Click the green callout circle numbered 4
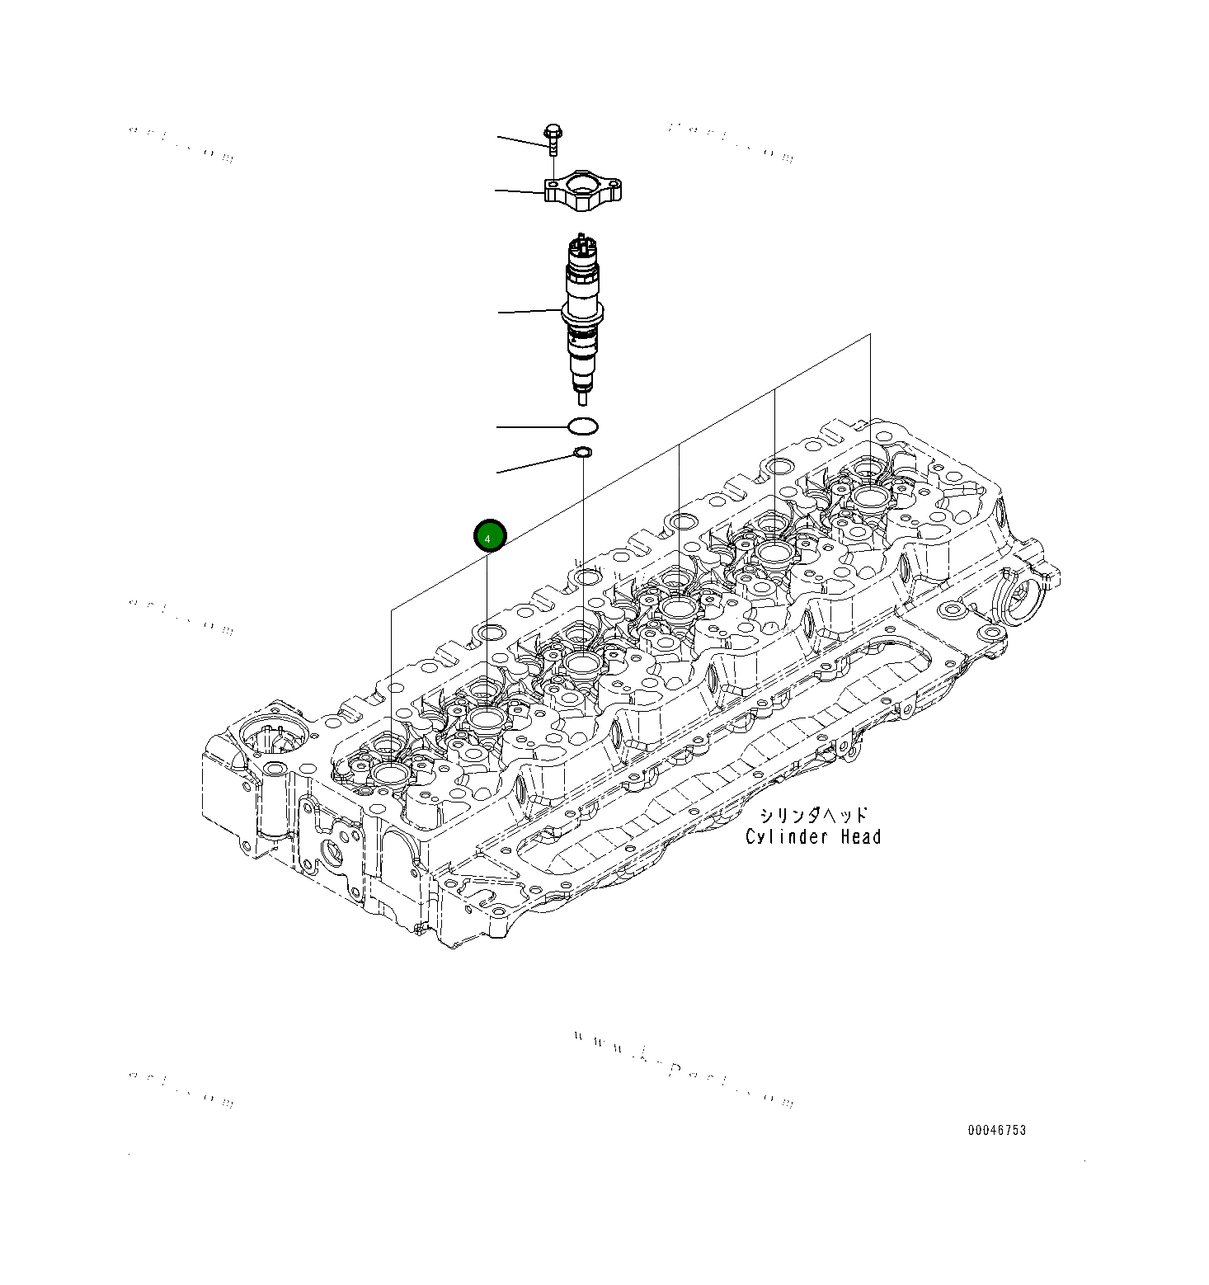488,537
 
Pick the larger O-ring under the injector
583,427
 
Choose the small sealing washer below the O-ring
582,452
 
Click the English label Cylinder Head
813,837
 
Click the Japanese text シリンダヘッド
813,816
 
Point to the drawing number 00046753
997,1130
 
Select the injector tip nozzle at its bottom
584,397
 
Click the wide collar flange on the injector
583,313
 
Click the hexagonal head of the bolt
553,132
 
